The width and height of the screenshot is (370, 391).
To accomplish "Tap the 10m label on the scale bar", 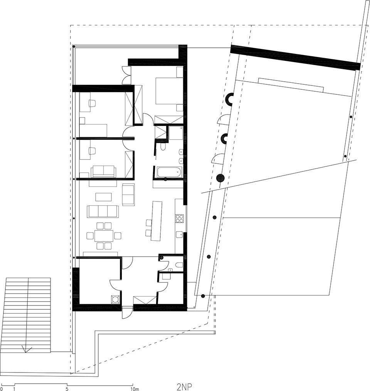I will click(135, 389).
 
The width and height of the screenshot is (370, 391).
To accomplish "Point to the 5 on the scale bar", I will click(67, 389).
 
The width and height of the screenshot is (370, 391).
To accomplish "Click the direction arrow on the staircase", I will click(27, 349).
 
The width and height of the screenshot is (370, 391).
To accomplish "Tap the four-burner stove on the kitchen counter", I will click(180, 219).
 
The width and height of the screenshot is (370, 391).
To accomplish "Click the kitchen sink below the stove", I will click(179, 233).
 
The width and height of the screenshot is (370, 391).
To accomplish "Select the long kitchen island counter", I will click(156, 221).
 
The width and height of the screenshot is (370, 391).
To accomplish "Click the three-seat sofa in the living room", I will click(103, 211).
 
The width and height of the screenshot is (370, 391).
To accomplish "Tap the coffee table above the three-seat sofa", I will click(103, 197).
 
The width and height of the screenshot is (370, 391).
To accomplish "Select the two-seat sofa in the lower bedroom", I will click(103, 171).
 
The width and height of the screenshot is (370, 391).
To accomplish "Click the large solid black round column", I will click(220, 178).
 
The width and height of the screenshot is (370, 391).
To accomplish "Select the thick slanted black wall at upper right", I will click(295, 58).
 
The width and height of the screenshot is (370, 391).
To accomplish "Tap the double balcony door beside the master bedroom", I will click(126, 75).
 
